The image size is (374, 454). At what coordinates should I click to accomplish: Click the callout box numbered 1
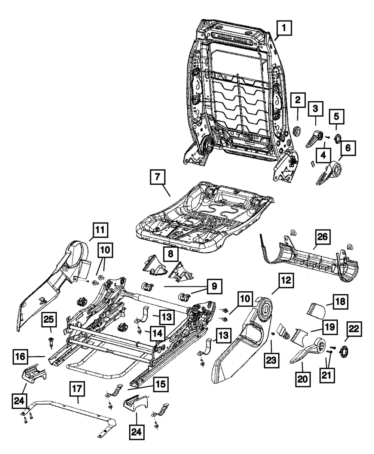click(284, 28)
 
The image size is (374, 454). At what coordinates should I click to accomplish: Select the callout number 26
click(322, 237)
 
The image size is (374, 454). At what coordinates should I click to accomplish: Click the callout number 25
click(49, 319)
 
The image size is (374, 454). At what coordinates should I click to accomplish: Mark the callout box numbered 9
click(214, 286)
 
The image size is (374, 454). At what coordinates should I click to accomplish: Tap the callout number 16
click(20, 357)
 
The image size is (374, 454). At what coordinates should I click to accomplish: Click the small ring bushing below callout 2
click(298, 131)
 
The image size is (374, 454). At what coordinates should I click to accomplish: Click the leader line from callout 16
click(36, 357)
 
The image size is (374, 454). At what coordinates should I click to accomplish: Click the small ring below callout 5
click(338, 138)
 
